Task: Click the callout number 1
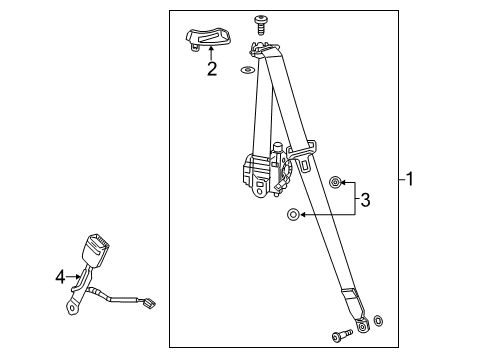(x=410, y=179)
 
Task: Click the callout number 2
(x=212, y=69)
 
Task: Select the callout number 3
(x=365, y=200)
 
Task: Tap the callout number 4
(x=60, y=277)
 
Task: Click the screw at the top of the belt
(x=260, y=24)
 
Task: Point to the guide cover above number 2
(x=207, y=39)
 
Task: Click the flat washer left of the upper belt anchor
(x=247, y=70)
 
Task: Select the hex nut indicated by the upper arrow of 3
(x=334, y=182)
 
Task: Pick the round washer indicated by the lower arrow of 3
(x=293, y=214)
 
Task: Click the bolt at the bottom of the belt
(x=342, y=335)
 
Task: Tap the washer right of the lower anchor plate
(x=378, y=321)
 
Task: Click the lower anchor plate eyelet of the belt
(x=362, y=326)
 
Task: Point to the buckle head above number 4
(x=96, y=247)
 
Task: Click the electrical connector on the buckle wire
(x=147, y=303)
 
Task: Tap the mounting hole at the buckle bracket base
(x=71, y=307)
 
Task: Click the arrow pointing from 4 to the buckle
(x=73, y=277)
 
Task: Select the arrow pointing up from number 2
(x=211, y=53)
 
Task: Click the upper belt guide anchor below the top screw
(x=262, y=48)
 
